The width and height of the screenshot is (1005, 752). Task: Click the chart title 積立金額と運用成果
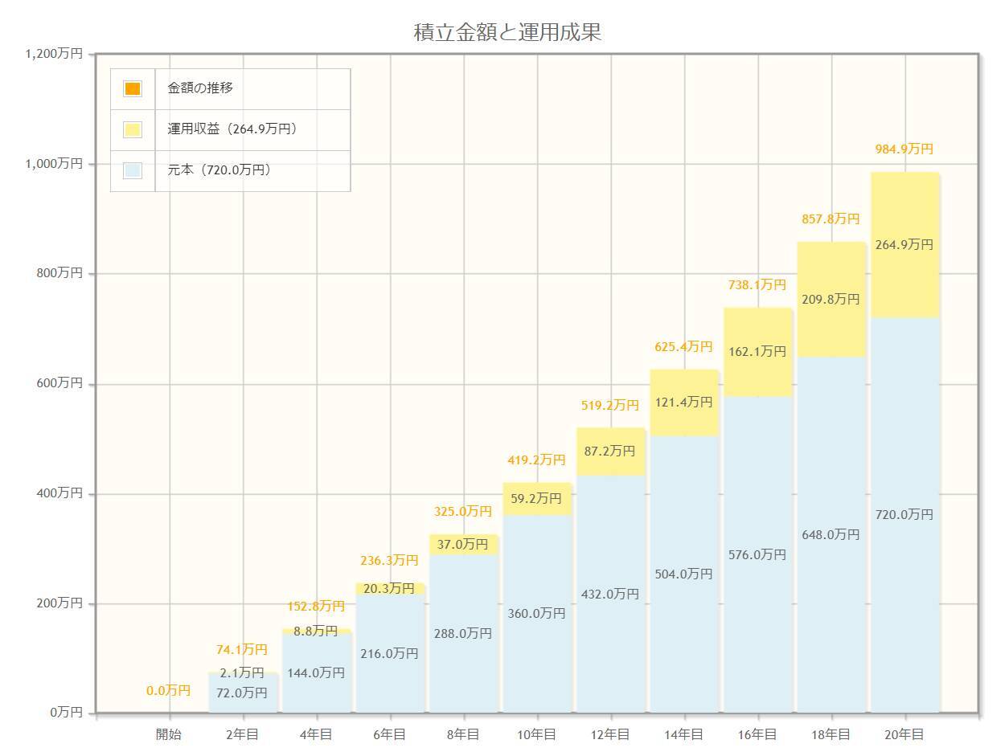pos(507,33)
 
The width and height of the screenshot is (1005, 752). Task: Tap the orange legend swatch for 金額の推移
pos(133,88)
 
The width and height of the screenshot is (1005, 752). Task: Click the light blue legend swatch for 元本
pos(133,170)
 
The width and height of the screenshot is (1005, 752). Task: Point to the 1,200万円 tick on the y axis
pos(54,54)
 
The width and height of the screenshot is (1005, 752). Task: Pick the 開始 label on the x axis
pos(169,734)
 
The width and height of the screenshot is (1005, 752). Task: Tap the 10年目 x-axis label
pos(536,734)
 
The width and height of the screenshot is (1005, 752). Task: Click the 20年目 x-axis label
pos(904,734)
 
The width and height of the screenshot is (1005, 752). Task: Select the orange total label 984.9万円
pos(904,149)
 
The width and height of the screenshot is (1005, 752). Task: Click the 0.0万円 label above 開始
pos(169,690)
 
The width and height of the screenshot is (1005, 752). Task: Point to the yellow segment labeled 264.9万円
pos(904,245)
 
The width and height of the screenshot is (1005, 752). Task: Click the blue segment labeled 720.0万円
pos(904,514)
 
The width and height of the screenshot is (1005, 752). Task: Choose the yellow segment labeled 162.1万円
pos(757,351)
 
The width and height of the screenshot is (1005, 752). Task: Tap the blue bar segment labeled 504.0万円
pos(683,574)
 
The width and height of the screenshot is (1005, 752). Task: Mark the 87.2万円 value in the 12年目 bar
pos(609,452)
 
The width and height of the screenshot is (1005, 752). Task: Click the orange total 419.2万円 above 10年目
pos(536,460)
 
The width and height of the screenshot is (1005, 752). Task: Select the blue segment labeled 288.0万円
pos(463,633)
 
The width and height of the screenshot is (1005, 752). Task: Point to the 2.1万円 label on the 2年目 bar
pos(242,672)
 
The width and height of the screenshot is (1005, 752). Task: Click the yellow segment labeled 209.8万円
pos(831,299)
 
